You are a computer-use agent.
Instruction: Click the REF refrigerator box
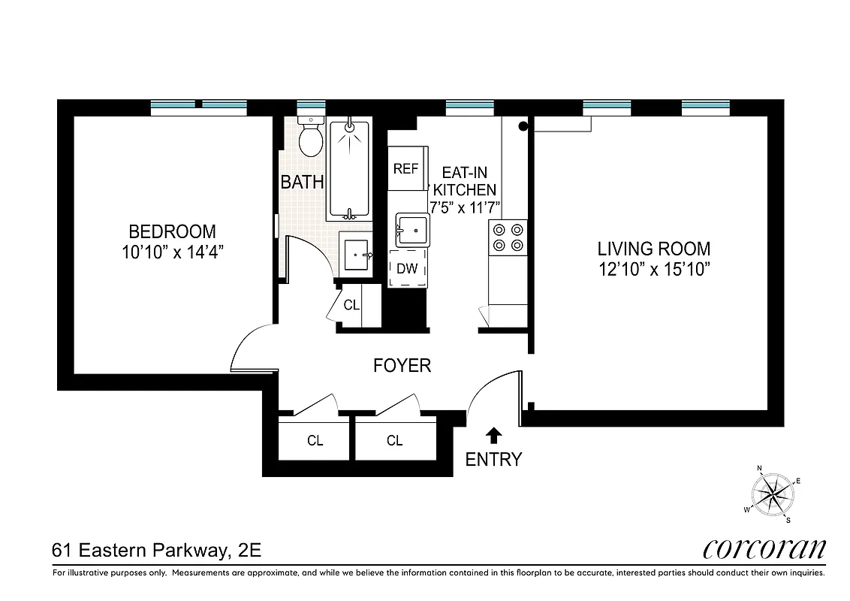tap(405, 168)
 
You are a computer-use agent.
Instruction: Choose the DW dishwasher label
tap(407, 268)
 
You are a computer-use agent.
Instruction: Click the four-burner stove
tap(507, 237)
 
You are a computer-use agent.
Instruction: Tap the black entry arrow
tap(493, 435)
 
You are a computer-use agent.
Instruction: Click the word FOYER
tap(402, 366)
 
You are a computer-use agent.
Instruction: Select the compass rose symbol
tap(773, 493)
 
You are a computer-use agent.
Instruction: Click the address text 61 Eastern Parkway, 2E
tap(156, 551)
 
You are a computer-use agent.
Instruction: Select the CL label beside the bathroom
tap(351, 306)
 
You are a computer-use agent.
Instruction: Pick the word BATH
tap(302, 182)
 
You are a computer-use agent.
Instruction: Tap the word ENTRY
tap(493, 460)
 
